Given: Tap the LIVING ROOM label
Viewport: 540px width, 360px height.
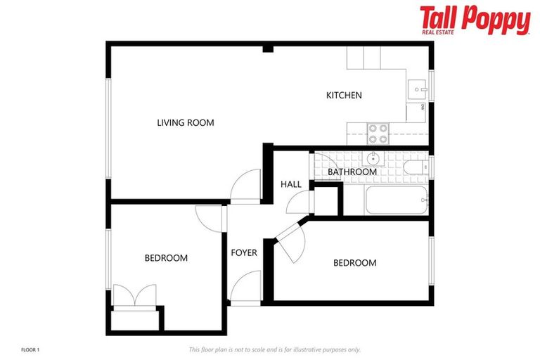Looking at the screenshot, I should [185, 122].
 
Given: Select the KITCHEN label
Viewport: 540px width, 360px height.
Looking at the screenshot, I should [344, 95].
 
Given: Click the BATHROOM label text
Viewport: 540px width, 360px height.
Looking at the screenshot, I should [352, 172].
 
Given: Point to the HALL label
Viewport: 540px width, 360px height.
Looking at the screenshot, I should [290, 184].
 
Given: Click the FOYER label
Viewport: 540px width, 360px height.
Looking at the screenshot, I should [244, 252].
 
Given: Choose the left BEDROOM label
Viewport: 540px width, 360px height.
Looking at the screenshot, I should [166, 258].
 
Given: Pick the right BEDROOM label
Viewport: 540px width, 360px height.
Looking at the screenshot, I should [354, 263].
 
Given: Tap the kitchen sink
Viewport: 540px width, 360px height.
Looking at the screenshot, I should [416, 90].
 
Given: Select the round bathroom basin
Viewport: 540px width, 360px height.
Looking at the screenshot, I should [373, 158].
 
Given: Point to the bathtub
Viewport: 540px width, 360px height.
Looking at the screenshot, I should [395, 200].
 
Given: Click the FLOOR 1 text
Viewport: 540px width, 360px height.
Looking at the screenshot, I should [32, 349].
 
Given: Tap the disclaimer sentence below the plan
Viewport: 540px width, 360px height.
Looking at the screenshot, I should [275, 349].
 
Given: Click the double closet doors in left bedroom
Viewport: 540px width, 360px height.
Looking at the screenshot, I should [134, 295].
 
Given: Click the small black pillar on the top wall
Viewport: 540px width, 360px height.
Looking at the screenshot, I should [268, 48].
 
